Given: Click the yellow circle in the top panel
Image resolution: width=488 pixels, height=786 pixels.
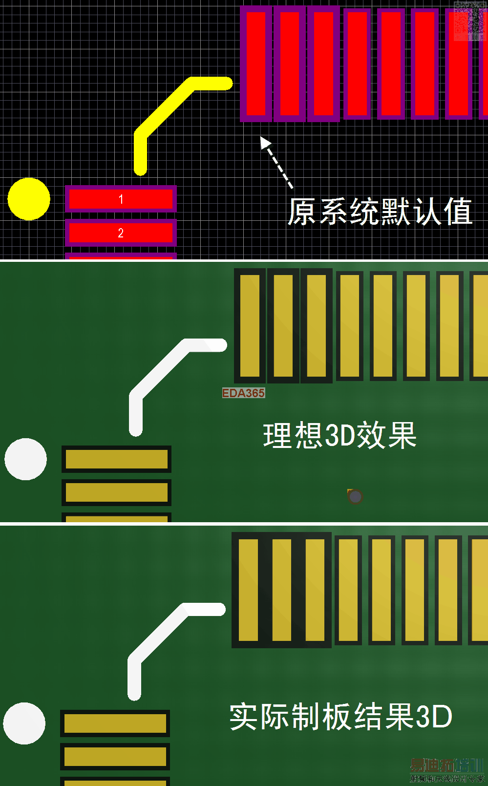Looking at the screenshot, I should (x=29, y=199).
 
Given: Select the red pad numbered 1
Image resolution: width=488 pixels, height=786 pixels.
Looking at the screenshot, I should (x=121, y=199).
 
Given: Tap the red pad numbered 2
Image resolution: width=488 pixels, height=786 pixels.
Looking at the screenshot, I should (x=121, y=233).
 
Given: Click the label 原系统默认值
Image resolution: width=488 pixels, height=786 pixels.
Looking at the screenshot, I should (x=380, y=212).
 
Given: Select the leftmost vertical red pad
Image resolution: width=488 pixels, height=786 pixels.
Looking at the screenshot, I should (x=256, y=64).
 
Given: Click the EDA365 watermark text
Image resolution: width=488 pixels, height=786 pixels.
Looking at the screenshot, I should (x=243, y=393).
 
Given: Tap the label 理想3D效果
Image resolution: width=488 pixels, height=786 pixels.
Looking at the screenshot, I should (x=339, y=435).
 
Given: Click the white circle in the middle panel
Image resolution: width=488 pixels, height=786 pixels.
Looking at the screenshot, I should (x=25, y=459).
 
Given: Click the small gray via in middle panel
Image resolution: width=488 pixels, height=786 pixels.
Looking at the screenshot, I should (x=355, y=497).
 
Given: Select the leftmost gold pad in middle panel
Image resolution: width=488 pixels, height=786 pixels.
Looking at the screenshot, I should (x=250, y=325).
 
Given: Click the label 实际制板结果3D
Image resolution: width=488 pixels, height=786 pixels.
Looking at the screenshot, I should (x=340, y=717).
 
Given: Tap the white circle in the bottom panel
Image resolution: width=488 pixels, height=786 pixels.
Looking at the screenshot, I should (x=24, y=723).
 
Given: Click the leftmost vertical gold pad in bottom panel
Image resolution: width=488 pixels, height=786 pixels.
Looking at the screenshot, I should (x=248, y=590).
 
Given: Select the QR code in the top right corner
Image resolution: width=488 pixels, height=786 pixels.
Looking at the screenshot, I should (x=469, y=21).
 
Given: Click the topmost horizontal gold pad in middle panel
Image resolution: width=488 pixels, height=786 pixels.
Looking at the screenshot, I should (x=116, y=459).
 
